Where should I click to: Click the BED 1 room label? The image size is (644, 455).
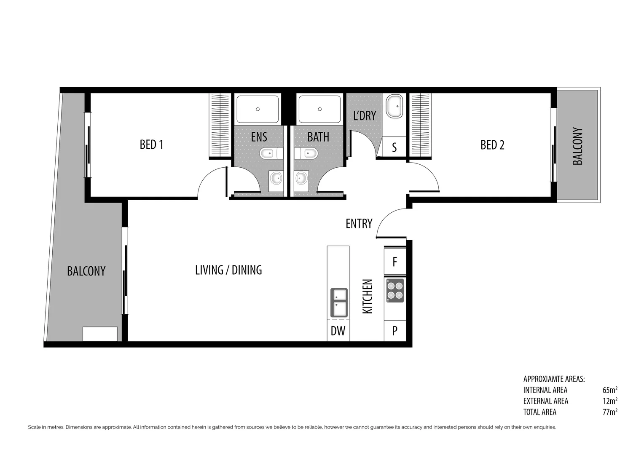[151, 145]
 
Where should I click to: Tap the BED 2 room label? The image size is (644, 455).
[492, 145]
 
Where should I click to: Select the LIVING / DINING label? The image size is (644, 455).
[228, 270]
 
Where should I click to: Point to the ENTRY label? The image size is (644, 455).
[359, 224]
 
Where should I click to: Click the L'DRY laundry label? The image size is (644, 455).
[364, 115]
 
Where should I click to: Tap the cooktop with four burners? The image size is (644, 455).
[395, 290]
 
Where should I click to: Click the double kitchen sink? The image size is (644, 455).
[339, 302]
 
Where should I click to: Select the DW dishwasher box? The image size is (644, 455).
[338, 331]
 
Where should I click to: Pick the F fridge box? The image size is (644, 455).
[395, 262]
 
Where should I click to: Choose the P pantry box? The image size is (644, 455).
[395, 331]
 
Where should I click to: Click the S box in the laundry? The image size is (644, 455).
[394, 147]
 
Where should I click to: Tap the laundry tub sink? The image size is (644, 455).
[395, 106]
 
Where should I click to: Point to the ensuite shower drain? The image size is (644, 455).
[258, 109]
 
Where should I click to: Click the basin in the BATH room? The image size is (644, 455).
[301, 178]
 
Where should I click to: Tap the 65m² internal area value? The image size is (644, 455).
[610, 390]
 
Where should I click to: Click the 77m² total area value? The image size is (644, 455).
[610, 412]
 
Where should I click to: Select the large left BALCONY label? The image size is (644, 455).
[86, 271]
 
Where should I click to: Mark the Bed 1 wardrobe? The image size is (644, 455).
[220, 126]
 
